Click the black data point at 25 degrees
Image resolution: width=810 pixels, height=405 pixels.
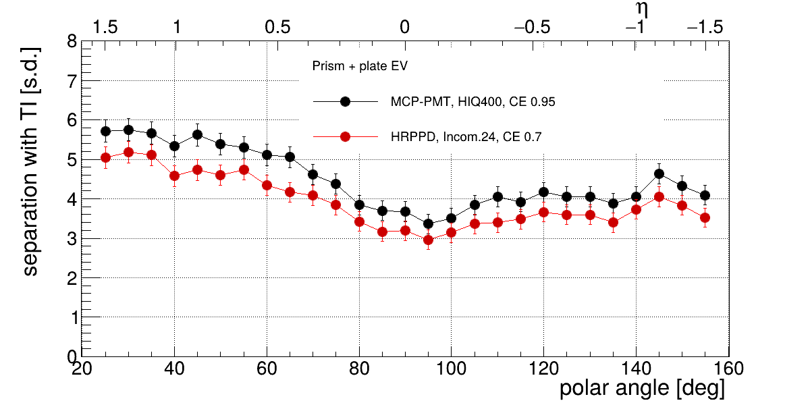[105, 131]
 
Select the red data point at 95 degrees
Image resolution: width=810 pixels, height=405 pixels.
[428, 240]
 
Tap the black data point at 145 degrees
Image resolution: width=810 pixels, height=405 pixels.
[659, 173]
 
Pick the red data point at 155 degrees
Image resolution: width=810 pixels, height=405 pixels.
[705, 217]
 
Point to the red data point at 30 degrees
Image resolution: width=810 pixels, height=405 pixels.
[128, 152]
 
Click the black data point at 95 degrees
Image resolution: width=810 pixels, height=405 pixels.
[428, 223]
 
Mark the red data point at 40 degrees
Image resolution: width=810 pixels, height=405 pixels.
[174, 175]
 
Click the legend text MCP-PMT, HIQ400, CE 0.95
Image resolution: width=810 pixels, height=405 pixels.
[473, 102]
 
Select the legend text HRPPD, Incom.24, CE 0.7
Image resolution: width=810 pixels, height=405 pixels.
[466, 137]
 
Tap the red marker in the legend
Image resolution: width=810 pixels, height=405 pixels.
[345, 137]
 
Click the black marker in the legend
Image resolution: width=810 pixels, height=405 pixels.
[345, 102]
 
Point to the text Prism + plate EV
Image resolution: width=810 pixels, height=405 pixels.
[360, 67]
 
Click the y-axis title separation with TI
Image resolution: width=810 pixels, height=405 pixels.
[30, 162]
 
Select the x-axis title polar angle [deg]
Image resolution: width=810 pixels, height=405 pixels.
[642, 389]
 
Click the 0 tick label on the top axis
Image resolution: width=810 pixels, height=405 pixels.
[404, 28]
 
